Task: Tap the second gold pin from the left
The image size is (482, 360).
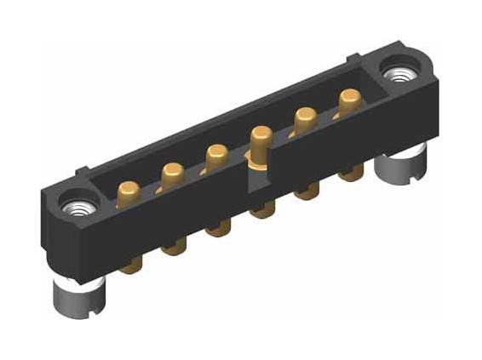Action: [x=173, y=172]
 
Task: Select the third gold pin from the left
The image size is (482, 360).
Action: [x=216, y=156]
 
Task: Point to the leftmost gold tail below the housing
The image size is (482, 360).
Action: [x=130, y=265]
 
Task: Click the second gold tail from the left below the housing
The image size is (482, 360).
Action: [x=174, y=246]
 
